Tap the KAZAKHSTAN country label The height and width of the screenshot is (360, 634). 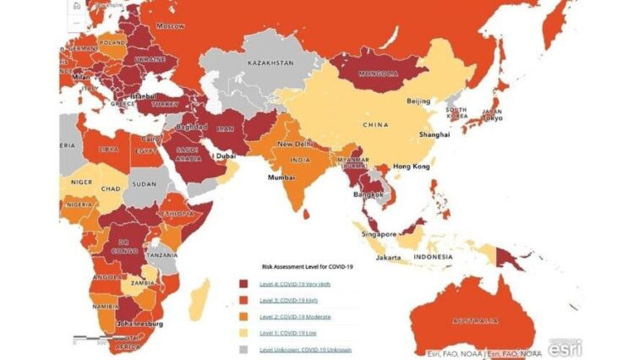coord(270,63)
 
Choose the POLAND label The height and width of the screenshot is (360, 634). coord(112,41)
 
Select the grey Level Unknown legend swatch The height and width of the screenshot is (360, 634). coord(243,349)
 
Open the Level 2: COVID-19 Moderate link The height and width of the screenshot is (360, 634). coord(295,317)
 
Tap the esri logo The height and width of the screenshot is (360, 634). coord(565,346)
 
